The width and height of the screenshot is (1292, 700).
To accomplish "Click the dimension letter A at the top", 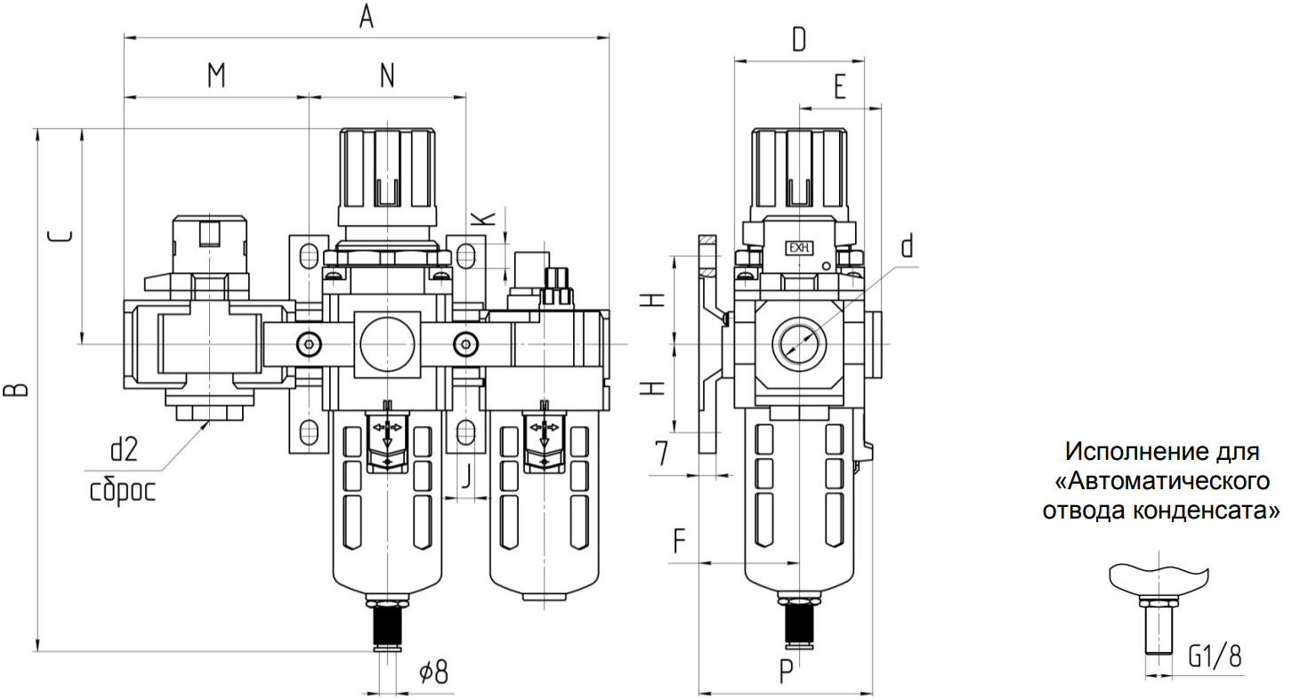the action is tap(367, 16).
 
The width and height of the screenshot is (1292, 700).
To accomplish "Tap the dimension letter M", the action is tap(216, 76).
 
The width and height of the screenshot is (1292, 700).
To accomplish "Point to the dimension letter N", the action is tap(387, 76).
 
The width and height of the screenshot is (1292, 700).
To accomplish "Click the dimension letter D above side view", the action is tap(799, 40).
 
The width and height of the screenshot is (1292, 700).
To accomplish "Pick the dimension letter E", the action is tap(840, 87).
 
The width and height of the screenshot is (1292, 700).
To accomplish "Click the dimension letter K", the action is tap(483, 219).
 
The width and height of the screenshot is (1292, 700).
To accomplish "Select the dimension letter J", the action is tap(466, 476).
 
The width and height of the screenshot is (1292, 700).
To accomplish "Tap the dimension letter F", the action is tap(679, 541).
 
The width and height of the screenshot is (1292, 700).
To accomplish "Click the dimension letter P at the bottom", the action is tap(787, 672).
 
